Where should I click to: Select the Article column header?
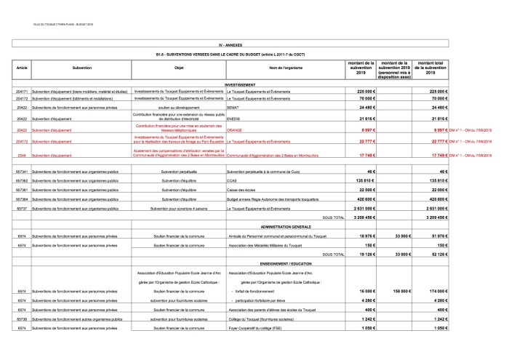pyautogui.click(x=21, y=68)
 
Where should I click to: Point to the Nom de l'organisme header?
pyautogui.click(x=284, y=68)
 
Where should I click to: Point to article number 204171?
pyautogui.click(x=21, y=92)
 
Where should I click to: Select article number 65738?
pyautogui.click(x=21, y=319)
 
